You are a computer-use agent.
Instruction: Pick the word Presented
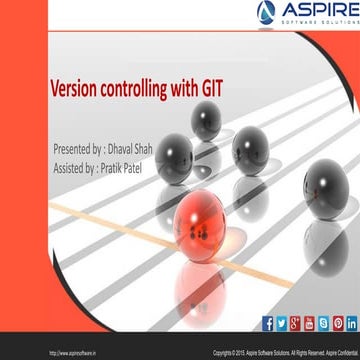coord(77,148)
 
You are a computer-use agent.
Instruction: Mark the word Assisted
coord(73,167)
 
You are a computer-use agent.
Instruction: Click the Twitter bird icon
coord(281,323)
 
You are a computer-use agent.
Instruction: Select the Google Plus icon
coord(295,323)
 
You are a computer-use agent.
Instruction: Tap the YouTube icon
coord(309,323)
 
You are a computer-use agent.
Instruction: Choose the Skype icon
coord(323,323)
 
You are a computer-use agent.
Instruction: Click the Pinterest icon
coord(337,323)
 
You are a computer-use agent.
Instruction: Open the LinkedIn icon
coord(351,323)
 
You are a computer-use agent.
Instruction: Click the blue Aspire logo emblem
coord(267,12)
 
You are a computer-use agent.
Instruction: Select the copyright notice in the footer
coord(288,352)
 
